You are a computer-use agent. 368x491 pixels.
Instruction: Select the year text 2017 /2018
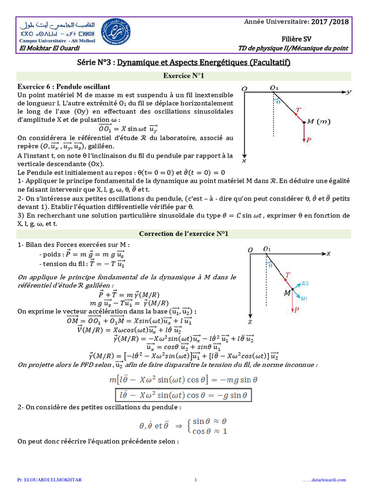tap(330, 21)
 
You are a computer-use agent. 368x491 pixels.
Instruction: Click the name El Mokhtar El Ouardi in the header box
tap(50, 48)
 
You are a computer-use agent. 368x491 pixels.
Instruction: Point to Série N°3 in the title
tap(95, 62)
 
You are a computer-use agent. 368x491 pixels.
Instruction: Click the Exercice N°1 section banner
tap(184, 76)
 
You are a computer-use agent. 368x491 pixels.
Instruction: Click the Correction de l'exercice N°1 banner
tap(184, 234)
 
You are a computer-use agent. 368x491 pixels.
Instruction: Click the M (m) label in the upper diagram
tap(319, 122)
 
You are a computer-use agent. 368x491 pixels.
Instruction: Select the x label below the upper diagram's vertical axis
tap(244, 161)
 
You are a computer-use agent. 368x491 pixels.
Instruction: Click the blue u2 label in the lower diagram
tap(306, 283)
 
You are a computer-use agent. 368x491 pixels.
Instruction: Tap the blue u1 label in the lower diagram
tap(305, 298)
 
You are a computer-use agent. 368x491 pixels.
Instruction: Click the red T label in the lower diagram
tap(287, 275)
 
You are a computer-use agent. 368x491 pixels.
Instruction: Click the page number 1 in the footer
tap(195, 479)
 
